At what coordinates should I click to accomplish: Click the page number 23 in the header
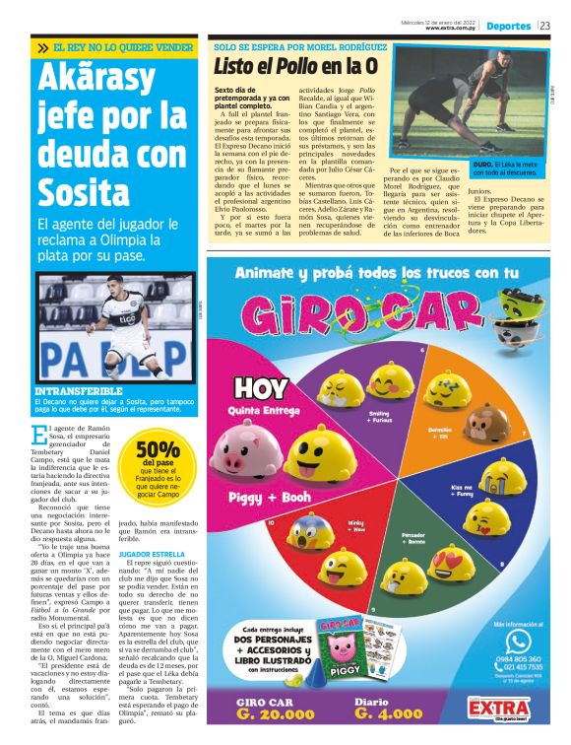[x=545, y=26]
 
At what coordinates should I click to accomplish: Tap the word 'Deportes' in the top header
[x=510, y=26]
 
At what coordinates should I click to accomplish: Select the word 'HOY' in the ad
[x=258, y=385]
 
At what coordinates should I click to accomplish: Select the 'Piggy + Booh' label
[x=263, y=497]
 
